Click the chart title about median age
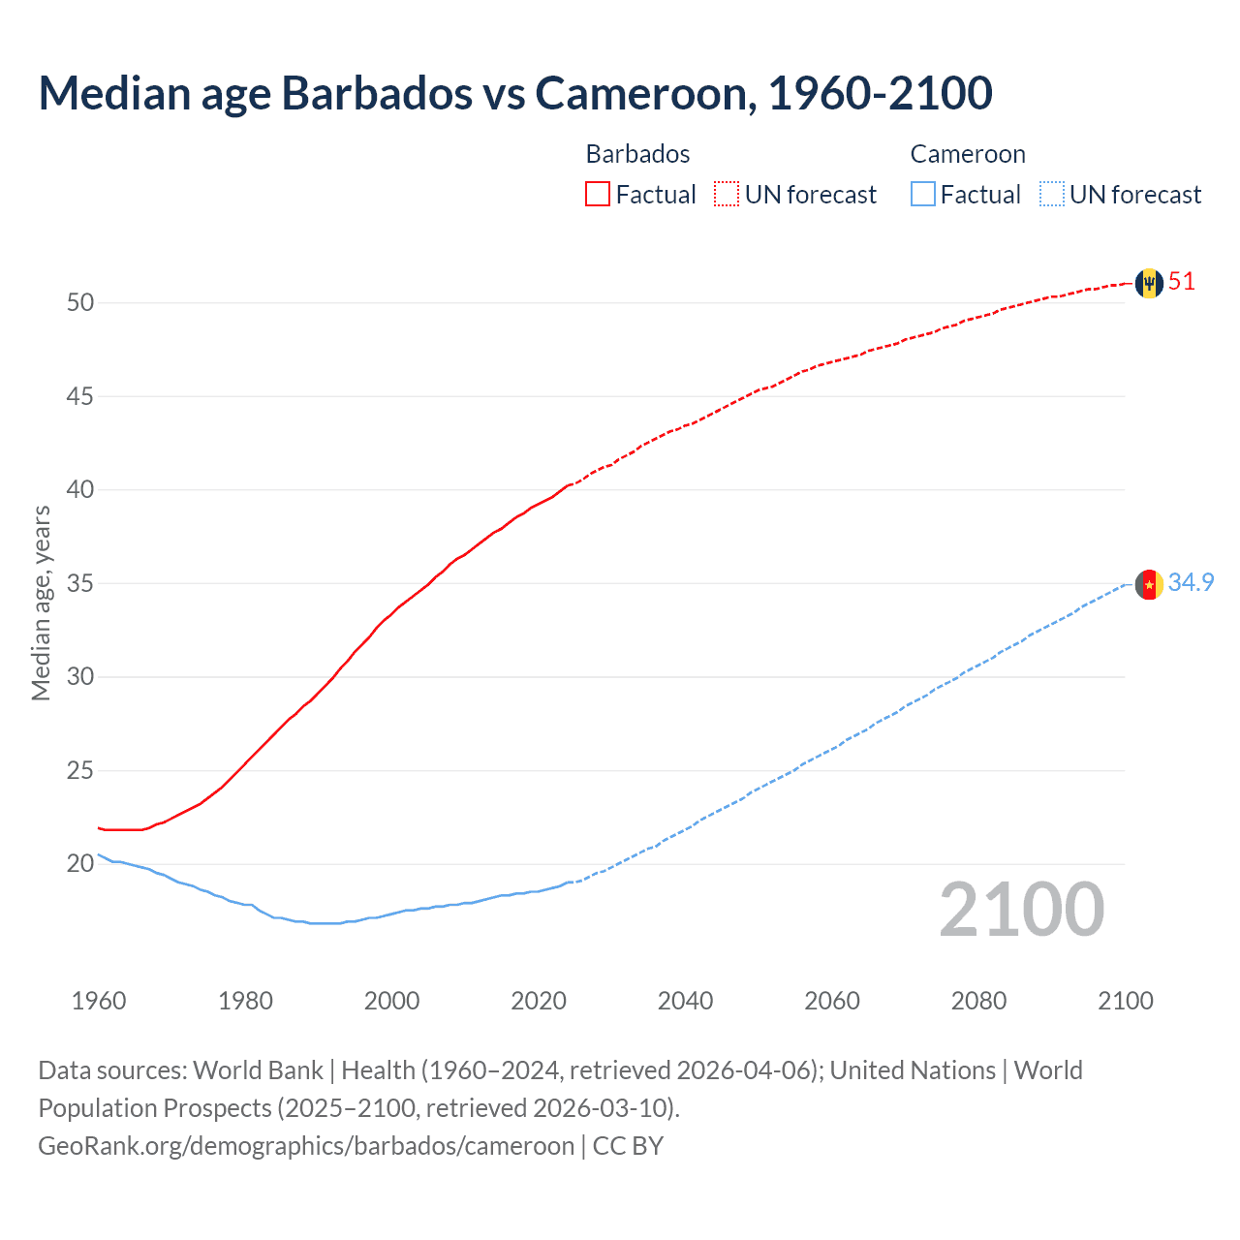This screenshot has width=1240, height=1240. tap(515, 93)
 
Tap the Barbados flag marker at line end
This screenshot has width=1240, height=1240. tap(1149, 283)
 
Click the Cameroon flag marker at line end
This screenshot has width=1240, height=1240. tap(1149, 584)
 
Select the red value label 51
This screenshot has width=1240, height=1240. tap(1182, 282)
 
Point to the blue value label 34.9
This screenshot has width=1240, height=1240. tap(1191, 582)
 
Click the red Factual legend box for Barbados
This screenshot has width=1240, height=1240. tap(598, 195)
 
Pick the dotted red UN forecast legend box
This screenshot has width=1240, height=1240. tap(727, 195)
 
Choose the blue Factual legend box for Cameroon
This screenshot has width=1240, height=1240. tap(923, 195)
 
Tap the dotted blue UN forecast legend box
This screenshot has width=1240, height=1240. tap(1052, 195)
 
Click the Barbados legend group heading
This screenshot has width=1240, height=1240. tap(637, 154)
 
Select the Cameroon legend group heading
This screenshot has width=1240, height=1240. tap(968, 154)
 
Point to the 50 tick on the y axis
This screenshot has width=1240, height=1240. tap(80, 302)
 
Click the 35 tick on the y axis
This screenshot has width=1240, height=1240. tap(80, 583)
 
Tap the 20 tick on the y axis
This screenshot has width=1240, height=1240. tap(80, 863)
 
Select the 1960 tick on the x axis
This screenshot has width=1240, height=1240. tap(99, 1001)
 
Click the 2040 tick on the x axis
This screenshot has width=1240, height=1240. tap(685, 1001)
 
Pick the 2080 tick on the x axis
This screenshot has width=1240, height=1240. tap(978, 1001)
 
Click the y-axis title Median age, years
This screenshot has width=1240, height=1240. tap(41, 603)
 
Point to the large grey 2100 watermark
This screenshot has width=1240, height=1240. tap(1021, 910)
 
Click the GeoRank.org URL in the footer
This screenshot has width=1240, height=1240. tap(306, 1146)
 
